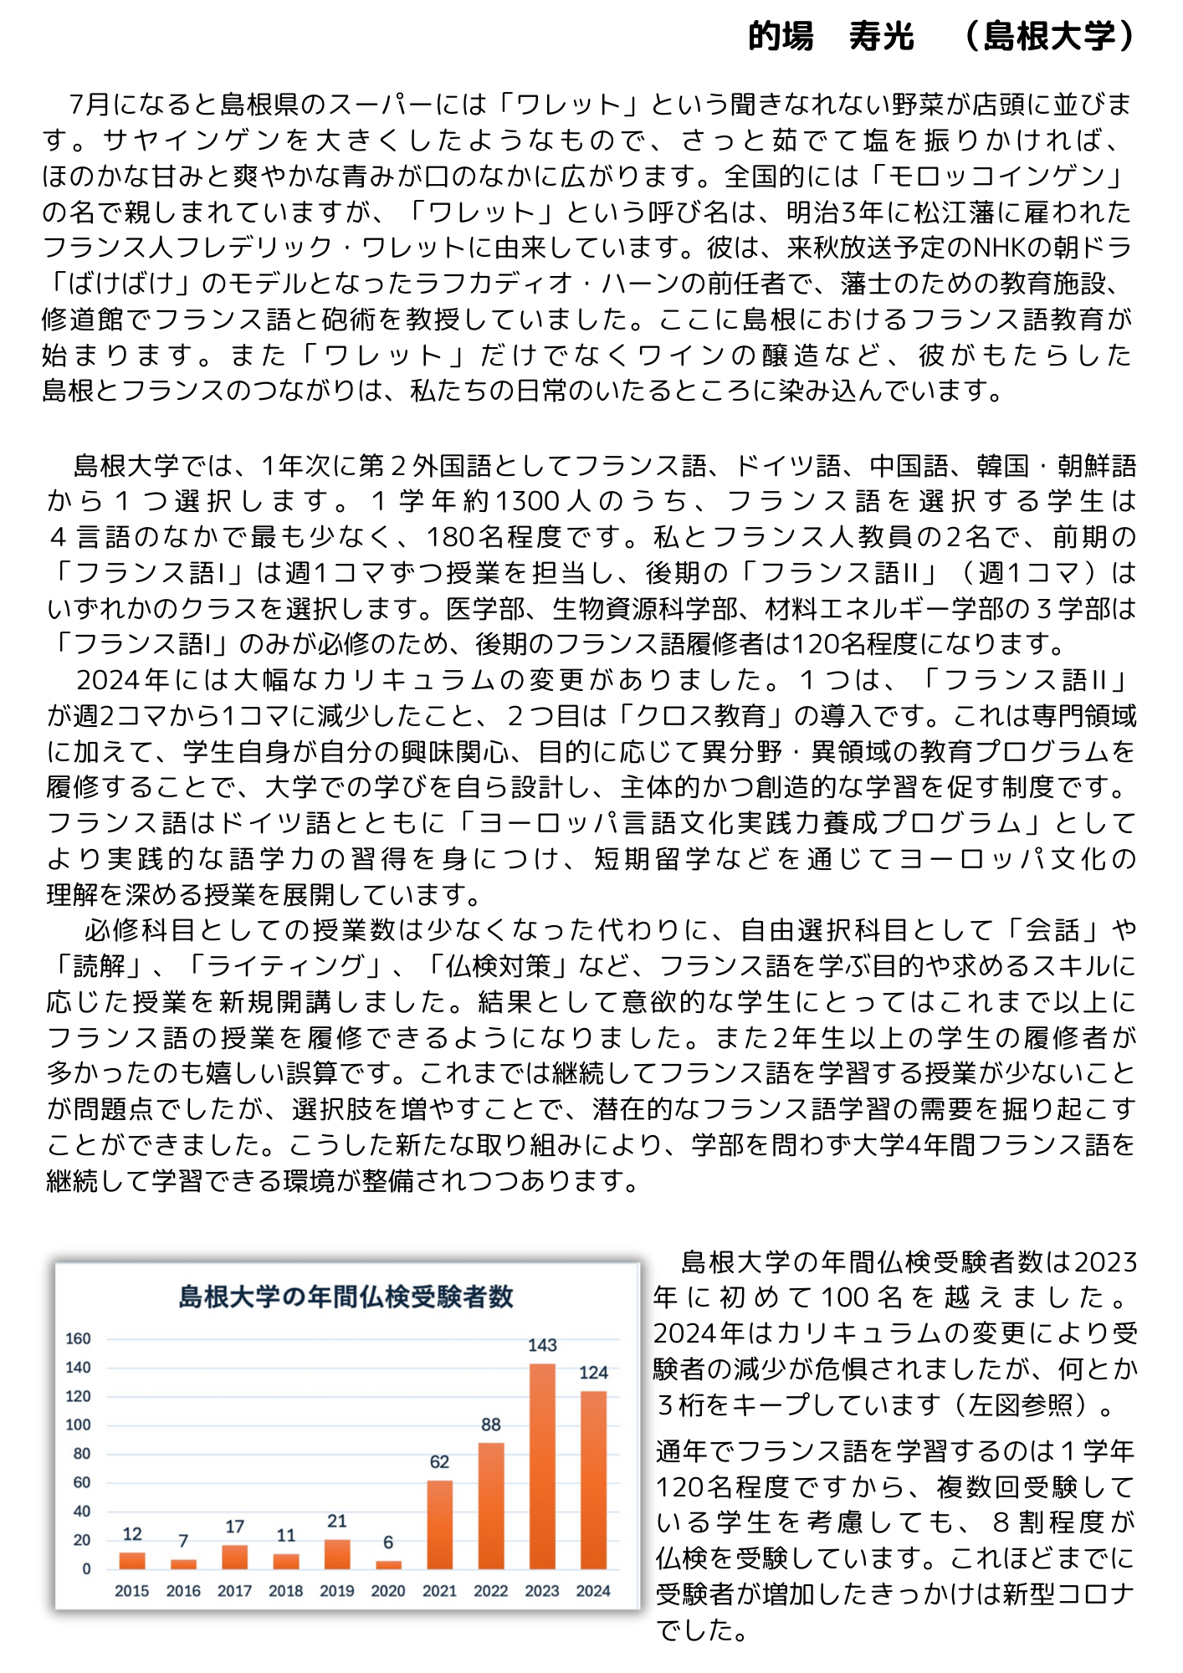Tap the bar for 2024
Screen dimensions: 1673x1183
click(x=593, y=1480)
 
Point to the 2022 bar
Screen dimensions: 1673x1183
click(x=491, y=1506)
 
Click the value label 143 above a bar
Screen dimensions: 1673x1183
click(x=542, y=1345)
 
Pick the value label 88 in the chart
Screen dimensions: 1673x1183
click(x=491, y=1425)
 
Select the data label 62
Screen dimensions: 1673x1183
click(x=440, y=1462)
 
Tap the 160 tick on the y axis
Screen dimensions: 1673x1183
click(x=79, y=1338)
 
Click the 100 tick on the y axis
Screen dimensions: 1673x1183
click(x=79, y=1425)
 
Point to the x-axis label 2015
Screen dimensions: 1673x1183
click(x=132, y=1591)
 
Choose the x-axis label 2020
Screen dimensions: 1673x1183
click(x=388, y=1591)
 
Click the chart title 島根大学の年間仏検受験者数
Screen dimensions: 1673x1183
click(x=346, y=1297)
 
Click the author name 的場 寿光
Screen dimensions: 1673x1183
click(x=831, y=37)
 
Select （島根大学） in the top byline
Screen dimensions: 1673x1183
click(x=1049, y=37)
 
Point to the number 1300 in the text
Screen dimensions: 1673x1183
click(x=528, y=502)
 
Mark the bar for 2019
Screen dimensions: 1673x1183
click(x=337, y=1554)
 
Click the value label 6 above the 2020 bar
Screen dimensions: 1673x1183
click(x=388, y=1543)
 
